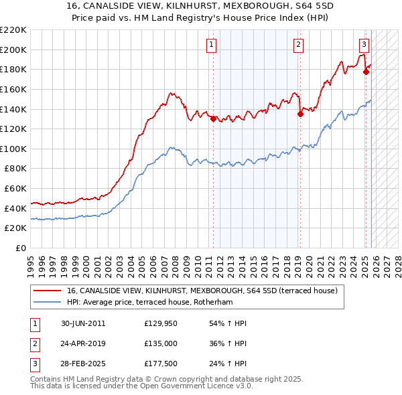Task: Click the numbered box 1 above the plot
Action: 211,45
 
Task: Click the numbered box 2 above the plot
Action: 297,45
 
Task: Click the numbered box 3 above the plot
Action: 363,45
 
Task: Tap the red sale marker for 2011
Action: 214,119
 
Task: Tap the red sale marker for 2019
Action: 300,114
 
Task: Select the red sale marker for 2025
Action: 366,72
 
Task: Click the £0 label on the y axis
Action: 21,248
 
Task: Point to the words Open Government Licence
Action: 192,387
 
